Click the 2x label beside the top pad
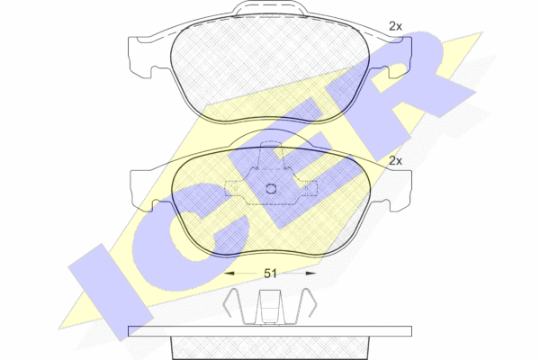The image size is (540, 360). (x=395, y=26)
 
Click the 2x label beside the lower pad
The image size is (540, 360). (x=395, y=160)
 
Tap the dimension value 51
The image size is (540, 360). (x=270, y=274)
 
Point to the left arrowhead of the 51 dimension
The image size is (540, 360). (x=229, y=274)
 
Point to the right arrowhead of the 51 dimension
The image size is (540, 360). (x=311, y=274)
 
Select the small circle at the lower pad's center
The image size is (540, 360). (x=271, y=189)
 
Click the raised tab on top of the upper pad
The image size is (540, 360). (x=270, y=9)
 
